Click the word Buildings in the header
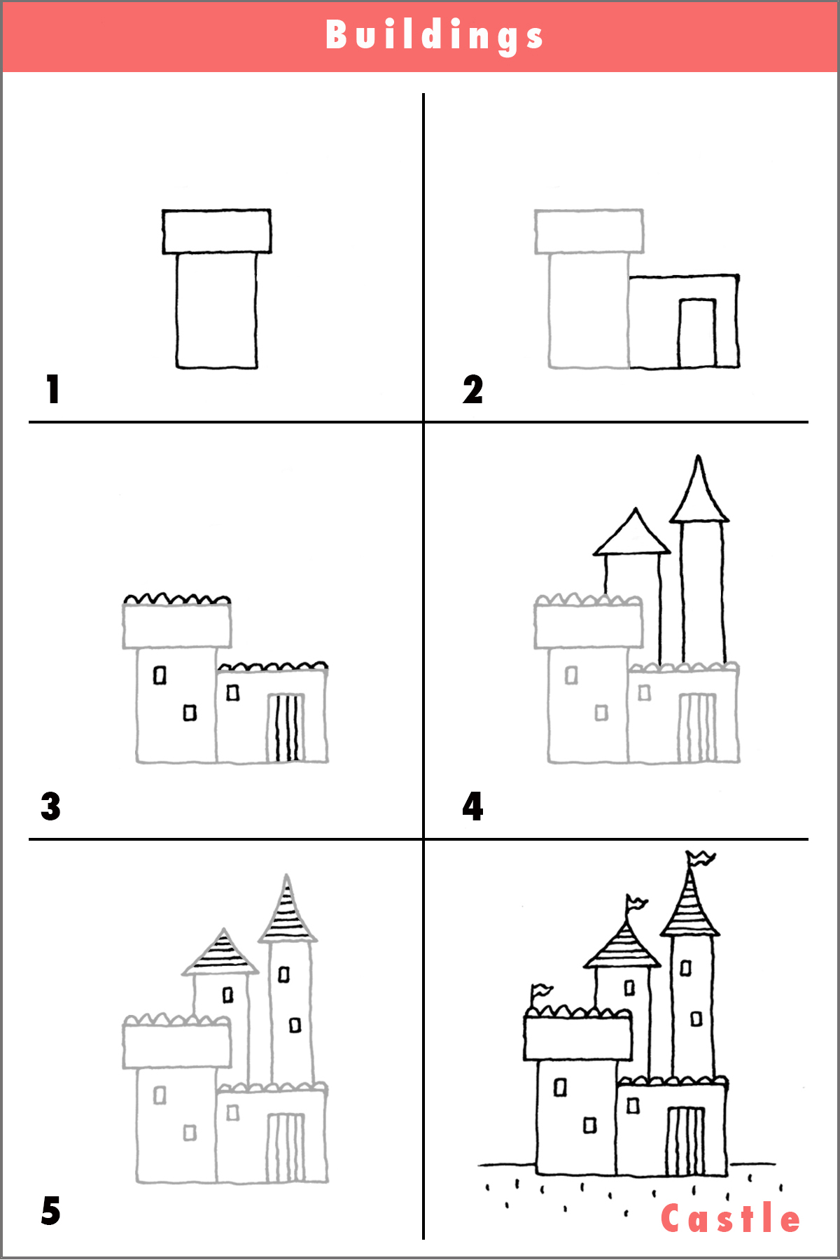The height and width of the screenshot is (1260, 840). pos(434,35)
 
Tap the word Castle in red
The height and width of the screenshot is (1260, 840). pos(730,1219)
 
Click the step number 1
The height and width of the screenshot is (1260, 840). pos(52,389)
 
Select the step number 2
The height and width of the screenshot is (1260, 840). pos(472,389)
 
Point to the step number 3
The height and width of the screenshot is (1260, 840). pos(50,806)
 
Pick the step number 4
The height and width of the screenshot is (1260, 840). pos(472,806)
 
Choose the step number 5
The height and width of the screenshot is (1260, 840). pos(50,1211)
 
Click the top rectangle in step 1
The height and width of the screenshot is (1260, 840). pos(216,231)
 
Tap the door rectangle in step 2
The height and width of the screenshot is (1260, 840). pos(697,333)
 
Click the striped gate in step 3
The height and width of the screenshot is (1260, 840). pos(285,727)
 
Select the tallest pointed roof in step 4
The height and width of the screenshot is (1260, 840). pos(699,493)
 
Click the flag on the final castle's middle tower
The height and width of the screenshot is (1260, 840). pos(636,903)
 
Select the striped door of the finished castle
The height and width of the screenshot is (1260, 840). pos(686,1141)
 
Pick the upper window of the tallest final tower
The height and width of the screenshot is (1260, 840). pos(686,968)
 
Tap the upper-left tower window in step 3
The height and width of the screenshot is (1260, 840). pos(160,675)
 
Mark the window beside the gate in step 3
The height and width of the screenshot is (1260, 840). pos(233,693)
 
